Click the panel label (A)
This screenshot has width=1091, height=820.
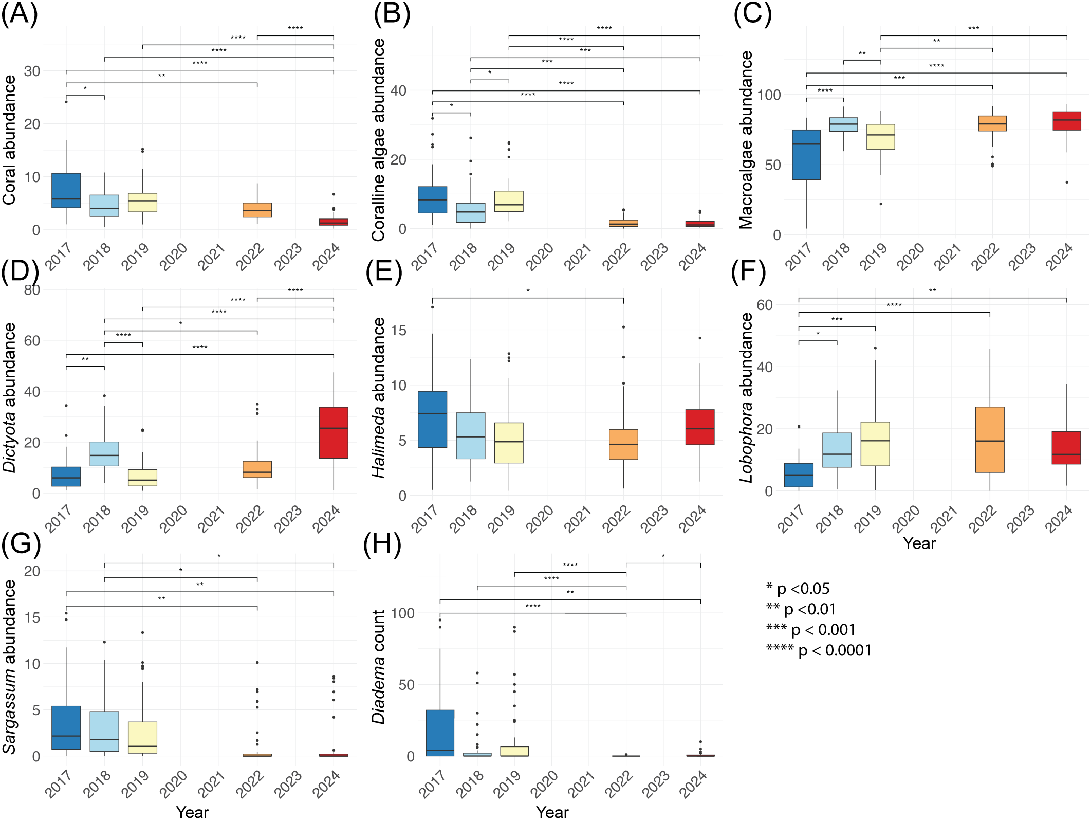tap(20, 14)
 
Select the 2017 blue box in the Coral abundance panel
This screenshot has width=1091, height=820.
tap(66, 190)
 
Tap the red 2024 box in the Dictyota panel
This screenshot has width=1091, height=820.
tap(334, 432)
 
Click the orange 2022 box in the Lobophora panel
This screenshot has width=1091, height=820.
tap(990, 440)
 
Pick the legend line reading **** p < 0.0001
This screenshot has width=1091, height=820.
tap(819, 650)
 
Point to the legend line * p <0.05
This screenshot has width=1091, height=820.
tap(798, 589)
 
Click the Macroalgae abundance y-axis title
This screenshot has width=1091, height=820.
tap(746, 140)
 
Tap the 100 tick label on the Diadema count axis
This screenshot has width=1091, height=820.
tap(402, 613)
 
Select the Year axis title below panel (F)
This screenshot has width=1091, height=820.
tap(919, 543)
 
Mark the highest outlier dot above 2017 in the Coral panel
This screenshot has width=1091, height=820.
tap(66, 102)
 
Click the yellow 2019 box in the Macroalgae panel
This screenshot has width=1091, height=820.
tap(881, 137)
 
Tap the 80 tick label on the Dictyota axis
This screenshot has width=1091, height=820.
tap(32, 290)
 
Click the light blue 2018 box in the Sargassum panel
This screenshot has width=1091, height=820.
tap(104, 731)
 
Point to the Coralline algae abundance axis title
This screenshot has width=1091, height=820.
tap(378, 140)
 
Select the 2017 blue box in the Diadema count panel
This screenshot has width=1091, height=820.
tap(440, 733)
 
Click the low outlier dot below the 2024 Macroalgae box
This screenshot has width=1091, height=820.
tap(1067, 182)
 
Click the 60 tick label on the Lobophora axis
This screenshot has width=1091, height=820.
tap(765, 305)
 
